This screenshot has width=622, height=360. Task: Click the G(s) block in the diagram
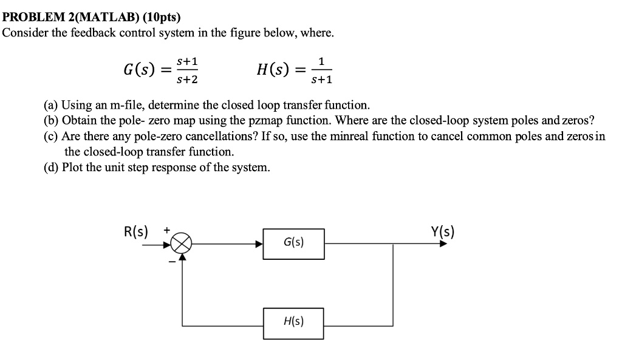[293, 243]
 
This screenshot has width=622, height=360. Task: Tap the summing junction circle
[181, 244]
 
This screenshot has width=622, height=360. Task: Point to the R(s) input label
[135, 231]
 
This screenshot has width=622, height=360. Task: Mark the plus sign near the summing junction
[166, 231]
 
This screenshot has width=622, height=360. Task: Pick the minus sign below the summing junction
[171, 262]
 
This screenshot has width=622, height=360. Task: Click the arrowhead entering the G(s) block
[259, 244]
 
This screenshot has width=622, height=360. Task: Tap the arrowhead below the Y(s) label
[443, 244]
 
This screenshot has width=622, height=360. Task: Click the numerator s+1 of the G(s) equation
[188, 62]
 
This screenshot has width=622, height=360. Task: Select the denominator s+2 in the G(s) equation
[188, 79]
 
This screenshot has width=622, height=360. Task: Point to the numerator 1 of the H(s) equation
[321, 61]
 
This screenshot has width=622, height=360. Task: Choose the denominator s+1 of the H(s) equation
[321, 80]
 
